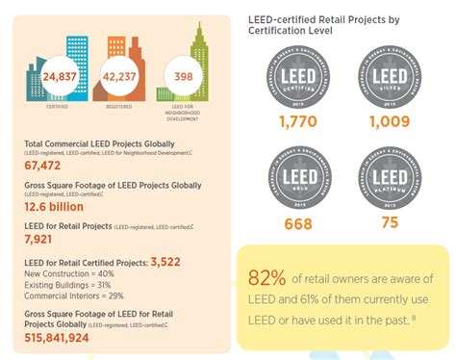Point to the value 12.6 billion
(54, 206)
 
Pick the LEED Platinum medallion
(390, 176)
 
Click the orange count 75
(390, 224)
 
